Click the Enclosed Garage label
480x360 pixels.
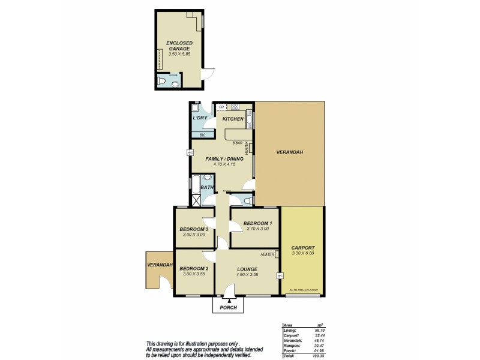pyautogui.click(x=178, y=46)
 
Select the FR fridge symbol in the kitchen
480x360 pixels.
pyautogui.click(x=221, y=107)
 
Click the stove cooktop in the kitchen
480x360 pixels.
pyautogui.click(x=235, y=107)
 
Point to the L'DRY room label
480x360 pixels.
pyautogui.click(x=200, y=119)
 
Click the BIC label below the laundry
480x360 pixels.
pyautogui.click(x=202, y=135)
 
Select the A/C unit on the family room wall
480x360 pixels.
pyautogui.click(x=190, y=152)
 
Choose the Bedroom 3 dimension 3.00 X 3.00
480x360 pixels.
pyautogui.click(x=193, y=235)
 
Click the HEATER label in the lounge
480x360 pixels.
pyautogui.click(x=268, y=254)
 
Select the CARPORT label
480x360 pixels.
pyautogui.click(x=302, y=247)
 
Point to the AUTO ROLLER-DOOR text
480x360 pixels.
pyautogui.click(x=302, y=290)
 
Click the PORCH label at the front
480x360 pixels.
pyautogui.click(x=229, y=308)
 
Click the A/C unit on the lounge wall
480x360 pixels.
pyautogui.click(x=280, y=276)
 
